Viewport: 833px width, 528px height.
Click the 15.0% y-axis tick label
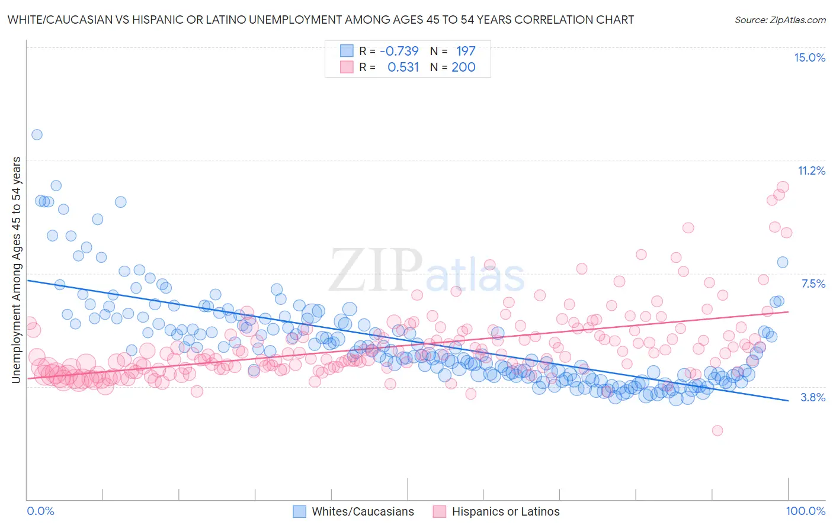809,57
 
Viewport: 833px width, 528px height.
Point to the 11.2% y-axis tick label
811,170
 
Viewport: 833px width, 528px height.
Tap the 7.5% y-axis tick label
813,284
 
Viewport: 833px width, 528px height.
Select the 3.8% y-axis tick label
813,397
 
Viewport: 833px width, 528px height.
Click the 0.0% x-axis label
40,511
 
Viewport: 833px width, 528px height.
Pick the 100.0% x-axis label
805,511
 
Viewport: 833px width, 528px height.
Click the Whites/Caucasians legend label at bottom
363,511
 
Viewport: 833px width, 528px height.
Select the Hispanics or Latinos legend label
505,511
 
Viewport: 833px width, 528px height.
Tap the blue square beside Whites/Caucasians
300,511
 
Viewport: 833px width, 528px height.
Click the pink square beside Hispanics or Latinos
439,511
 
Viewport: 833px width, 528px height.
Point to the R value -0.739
399,51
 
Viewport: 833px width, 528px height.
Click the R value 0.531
403,67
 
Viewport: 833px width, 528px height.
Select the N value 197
466,51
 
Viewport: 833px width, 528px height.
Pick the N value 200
463,67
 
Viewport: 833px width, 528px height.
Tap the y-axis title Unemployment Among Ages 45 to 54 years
17,270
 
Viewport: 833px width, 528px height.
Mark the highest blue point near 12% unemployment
37,134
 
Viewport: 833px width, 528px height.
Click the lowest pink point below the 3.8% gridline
717,430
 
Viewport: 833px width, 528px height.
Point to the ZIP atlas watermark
427,271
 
